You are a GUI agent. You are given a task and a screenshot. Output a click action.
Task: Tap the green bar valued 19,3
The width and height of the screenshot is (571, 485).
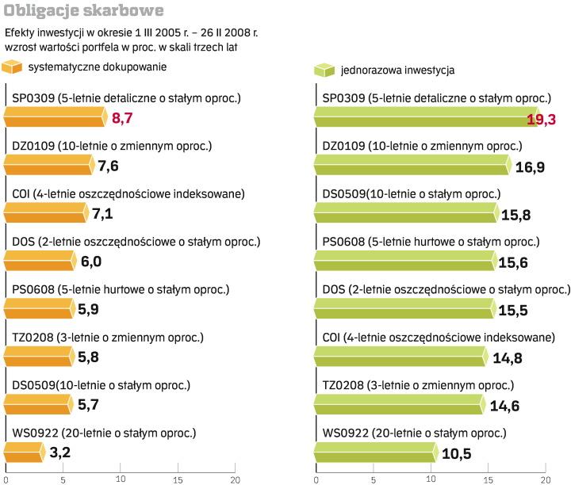coord(424,119)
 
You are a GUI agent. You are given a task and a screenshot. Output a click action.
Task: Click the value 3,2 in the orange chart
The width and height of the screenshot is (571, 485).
coord(59,453)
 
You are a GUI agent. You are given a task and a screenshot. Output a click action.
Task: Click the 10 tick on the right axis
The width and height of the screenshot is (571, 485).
coord(431,479)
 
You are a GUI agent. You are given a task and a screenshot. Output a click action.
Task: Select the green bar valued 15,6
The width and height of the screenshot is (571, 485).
coord(402,262)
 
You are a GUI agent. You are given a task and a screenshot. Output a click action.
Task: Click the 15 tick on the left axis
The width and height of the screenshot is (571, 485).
coord(178,479)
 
